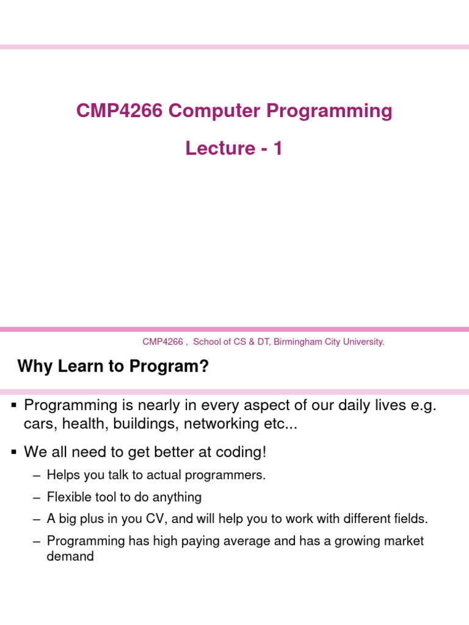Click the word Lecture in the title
click(x=220, y=148)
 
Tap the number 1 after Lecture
click(x=278, y=148)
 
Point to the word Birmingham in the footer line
click(x=296, y=342)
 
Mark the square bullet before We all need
click(x=13, y=452)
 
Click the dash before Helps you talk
click(x=37, y=475)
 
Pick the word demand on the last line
click(x=70, y=556)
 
